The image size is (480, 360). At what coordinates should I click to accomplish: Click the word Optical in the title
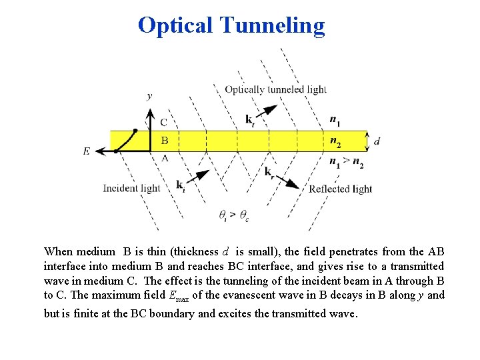click(x=175, y=25)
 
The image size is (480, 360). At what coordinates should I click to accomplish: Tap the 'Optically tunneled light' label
click(x=275, y=89)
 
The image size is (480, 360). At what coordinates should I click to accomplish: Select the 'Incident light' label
click(x=131, y=188)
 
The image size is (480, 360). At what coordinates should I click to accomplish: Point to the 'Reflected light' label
click(x=340, y=189)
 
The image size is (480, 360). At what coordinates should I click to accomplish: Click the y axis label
click(x=149, y=96)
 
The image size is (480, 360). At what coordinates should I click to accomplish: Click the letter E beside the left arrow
click(x=87, y=151)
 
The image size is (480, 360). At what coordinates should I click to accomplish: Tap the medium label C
click(x=164, y=123)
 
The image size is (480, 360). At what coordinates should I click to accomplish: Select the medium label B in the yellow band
click(x=164, y=141)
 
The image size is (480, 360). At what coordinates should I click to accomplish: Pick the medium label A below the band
click(x=164, y=158)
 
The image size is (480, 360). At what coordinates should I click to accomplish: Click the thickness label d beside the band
click(x=377, y=141)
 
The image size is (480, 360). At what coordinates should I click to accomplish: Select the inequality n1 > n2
click(x=347, y=161)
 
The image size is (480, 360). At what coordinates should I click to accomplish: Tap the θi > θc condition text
click(x=234, y=215)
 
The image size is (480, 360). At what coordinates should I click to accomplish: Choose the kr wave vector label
click(x=269, y=172)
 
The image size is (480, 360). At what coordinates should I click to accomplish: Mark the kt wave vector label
click(x=249, y=120)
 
